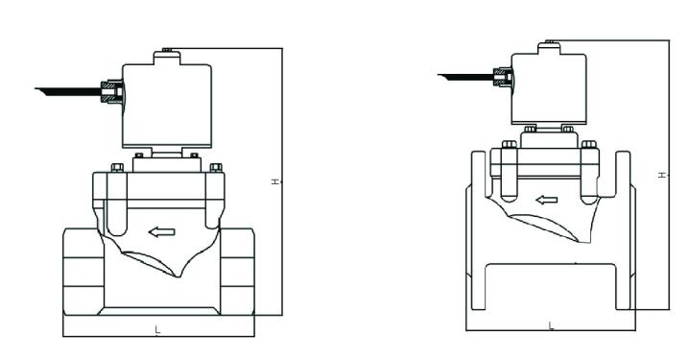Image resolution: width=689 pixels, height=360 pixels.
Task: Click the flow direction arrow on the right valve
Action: (x=547, y=201)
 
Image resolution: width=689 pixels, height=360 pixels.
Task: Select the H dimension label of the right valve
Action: (x=662, y=175)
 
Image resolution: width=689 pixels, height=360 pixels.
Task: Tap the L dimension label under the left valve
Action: (x=158, y=329)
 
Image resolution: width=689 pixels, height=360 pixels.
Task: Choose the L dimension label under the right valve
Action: (x=550, y=325)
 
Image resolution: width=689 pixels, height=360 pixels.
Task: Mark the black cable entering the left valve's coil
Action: (x=67, y=92)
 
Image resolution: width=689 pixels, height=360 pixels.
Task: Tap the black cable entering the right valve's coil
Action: (x=465, y=74)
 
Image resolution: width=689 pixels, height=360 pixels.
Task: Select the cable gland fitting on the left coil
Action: (x=112, y=92)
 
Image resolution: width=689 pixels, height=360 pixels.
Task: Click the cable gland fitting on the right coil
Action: (x=502, y=74)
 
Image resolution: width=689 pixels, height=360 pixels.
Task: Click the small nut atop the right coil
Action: (x=550, y=41)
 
